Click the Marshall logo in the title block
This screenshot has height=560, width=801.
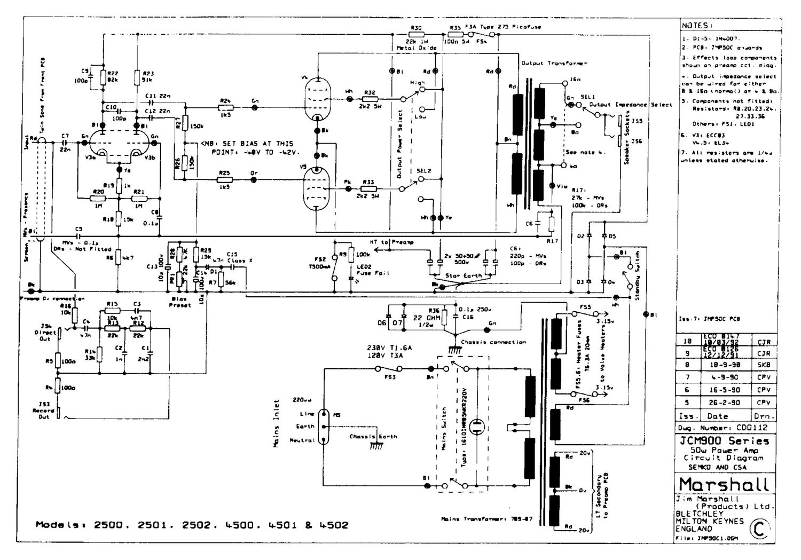725,484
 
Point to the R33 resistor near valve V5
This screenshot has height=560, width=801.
368,189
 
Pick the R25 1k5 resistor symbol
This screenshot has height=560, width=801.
225,180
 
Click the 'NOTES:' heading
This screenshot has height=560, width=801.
696,26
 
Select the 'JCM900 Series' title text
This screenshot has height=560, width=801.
725,441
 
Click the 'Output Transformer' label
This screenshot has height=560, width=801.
554,63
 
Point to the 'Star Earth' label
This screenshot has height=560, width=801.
464,275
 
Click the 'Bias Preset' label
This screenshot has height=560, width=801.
179,302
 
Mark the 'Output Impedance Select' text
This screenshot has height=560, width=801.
631,105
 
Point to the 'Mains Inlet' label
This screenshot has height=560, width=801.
277,423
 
